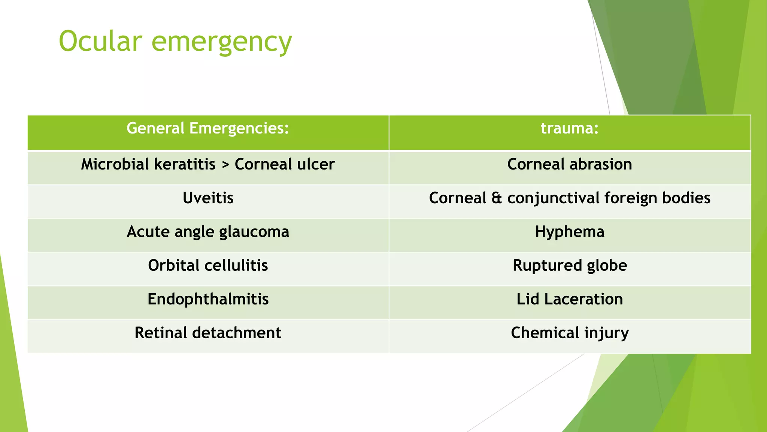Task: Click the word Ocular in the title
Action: [x=100, y=41]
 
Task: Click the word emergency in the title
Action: [x=221, y=42]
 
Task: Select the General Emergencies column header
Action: [x=208, y=129]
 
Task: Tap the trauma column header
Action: [x=569, y=129]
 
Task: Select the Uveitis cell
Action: [x=208, y=198]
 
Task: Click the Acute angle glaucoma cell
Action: [x=208, y=232]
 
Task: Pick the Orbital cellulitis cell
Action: [x=208, y=265]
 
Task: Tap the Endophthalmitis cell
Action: [x=208, y=299]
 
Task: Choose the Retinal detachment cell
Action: [x=208, y=333]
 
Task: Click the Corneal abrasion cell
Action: [x=569, y=164]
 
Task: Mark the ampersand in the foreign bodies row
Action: [x=497, y=198]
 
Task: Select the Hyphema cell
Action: [x=569, y=232]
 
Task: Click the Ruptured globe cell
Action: [x=569, y=265]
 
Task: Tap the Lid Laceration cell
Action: [x=569, y=299]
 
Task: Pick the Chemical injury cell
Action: [x=569, y=333]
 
